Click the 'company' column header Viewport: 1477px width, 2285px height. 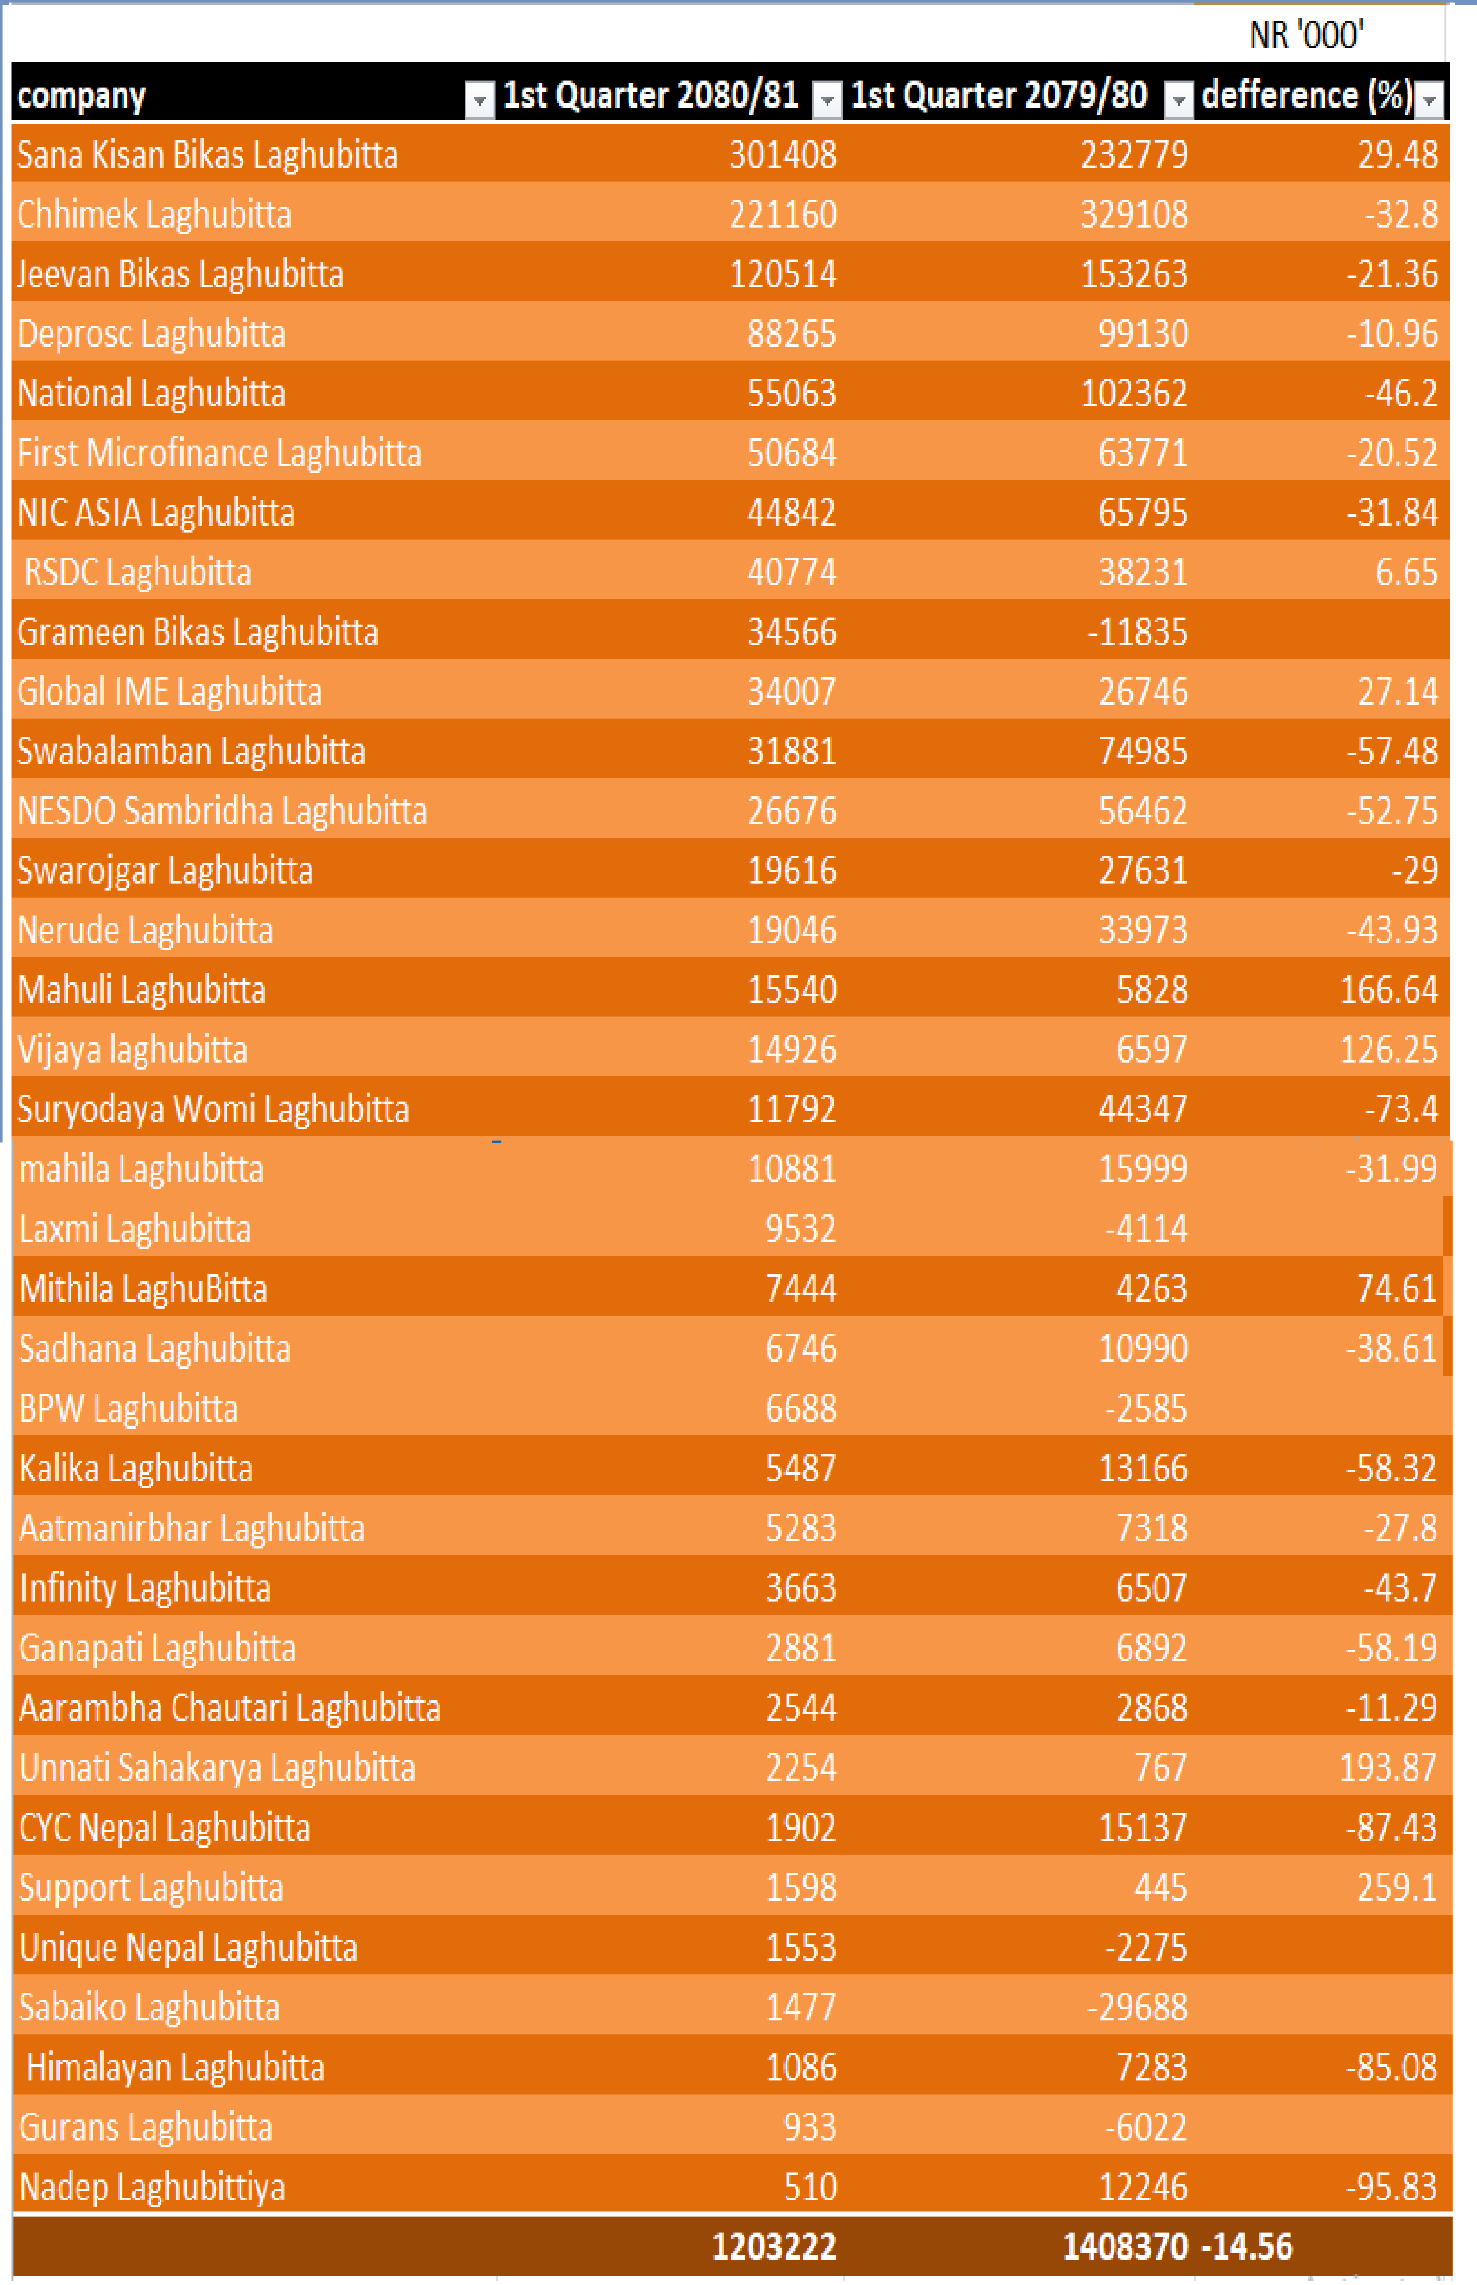(82, 96)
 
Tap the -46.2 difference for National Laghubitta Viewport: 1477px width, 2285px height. (1401, 393)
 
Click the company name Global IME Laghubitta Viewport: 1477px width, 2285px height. (170, 691)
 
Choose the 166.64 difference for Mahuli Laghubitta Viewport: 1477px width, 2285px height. (1389, 990)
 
